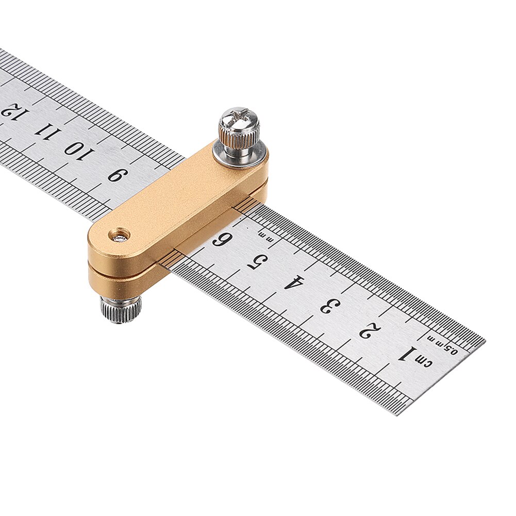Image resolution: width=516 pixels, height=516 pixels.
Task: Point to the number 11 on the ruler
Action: point(43,129)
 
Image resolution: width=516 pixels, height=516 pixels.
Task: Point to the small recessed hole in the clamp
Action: point(119,236)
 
